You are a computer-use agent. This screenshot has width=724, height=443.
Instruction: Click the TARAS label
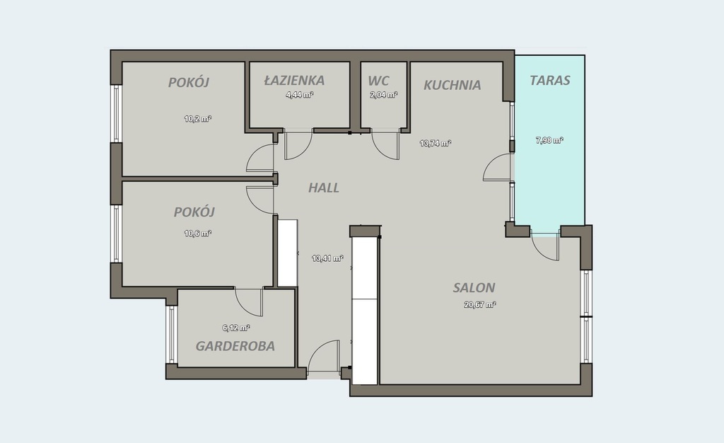549,81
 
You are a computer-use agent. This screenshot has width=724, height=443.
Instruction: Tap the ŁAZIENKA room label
294,81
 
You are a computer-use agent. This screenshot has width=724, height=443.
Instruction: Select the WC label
379,81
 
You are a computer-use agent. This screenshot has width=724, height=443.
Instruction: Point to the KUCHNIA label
452,85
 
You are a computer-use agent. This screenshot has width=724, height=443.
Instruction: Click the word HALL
324,188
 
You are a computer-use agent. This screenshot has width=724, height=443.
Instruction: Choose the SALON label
474,287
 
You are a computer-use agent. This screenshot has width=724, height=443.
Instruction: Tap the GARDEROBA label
235,346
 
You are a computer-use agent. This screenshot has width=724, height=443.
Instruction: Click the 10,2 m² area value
198,119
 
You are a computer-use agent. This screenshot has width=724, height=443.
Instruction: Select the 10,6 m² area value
198,234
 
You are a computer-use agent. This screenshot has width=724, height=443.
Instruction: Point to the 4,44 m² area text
300,95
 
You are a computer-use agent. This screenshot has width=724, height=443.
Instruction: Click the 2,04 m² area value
383,95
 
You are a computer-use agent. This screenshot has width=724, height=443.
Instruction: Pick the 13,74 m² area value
435,143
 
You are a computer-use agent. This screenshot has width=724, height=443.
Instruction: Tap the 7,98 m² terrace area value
549,140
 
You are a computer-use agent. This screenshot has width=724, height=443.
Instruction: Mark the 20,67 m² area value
480,304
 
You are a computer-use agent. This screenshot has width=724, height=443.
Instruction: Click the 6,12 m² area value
236,328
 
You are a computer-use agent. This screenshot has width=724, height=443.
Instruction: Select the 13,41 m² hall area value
327,258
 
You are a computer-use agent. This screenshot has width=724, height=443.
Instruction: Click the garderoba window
171,334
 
